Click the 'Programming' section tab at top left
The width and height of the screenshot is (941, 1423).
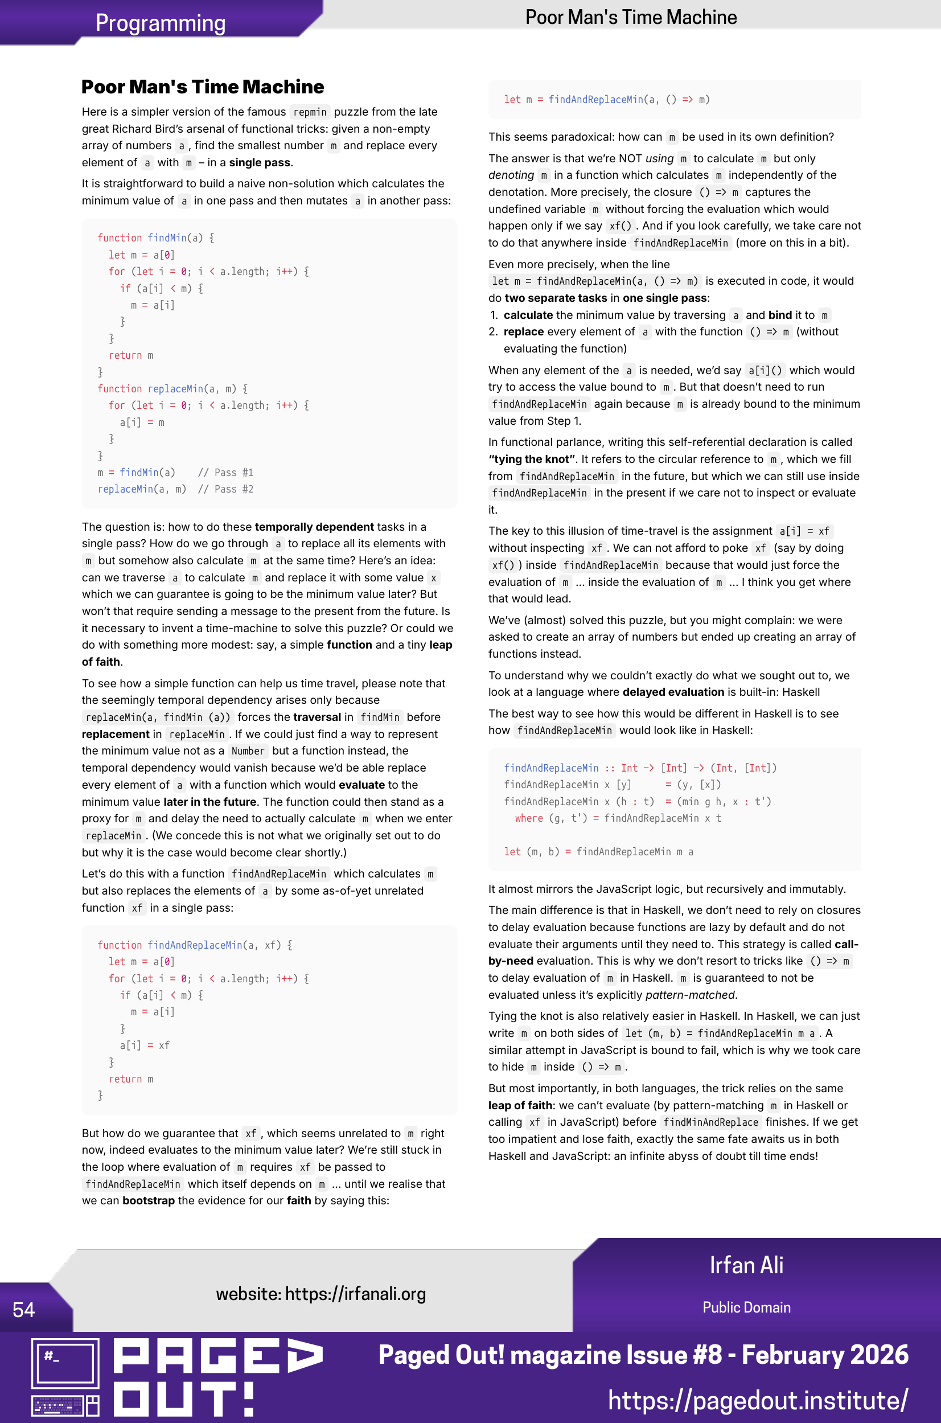[160, 23]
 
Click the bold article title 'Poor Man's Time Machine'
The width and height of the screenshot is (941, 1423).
[202, 87]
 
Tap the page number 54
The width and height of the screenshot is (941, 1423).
[23, 1309]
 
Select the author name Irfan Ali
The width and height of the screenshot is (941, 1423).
[746, 1265]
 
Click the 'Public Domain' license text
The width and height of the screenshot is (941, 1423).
[746, 1307]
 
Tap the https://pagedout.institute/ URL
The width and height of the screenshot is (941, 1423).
[757, 1400]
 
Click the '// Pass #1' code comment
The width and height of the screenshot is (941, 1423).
[225, 472]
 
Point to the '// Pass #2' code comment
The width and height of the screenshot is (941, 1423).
[225, 489]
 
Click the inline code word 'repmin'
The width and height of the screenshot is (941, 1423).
[310, 112]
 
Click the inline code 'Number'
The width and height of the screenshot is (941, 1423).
[248, 751]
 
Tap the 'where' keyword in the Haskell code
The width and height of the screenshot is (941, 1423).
[528, 818]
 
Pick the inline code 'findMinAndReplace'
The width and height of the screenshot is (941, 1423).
[710, 1122]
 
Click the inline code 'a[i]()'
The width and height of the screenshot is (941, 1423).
[765, 370]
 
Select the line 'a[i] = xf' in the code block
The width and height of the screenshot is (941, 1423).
[145, 1045]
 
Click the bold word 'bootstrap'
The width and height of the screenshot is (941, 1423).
[148, 1200]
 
